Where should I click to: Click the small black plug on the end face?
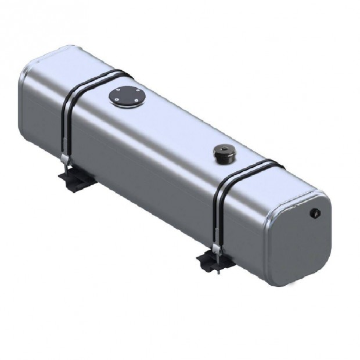click(317, 214)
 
